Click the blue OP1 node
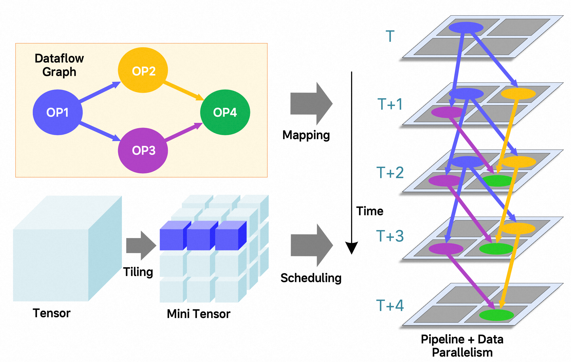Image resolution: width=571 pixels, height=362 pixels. click(x=58, y=112)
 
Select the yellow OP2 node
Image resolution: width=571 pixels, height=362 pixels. click(x=143, y=70)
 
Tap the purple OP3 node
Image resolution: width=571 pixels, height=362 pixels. click(x=143, y=151)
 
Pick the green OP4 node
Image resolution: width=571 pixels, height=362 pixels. click(x=225, y=112)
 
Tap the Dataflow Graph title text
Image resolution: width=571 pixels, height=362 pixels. click(x=59, y=65)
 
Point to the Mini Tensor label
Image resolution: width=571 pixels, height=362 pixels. click(x=199, y=314)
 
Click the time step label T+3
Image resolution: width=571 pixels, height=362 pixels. click(x=390, y=236)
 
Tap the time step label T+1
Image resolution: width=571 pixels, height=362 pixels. click(x=390, y=104)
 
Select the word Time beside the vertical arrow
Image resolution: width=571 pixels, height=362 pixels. click(x=370, y=211)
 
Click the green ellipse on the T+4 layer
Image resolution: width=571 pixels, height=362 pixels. click(x=496, y=315)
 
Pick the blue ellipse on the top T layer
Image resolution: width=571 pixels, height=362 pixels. click(x=466, y=27)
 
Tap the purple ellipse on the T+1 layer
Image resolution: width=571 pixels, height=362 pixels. click(x=447, y=112)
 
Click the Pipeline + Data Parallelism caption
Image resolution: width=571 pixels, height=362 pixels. click(x=462, y=346)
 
